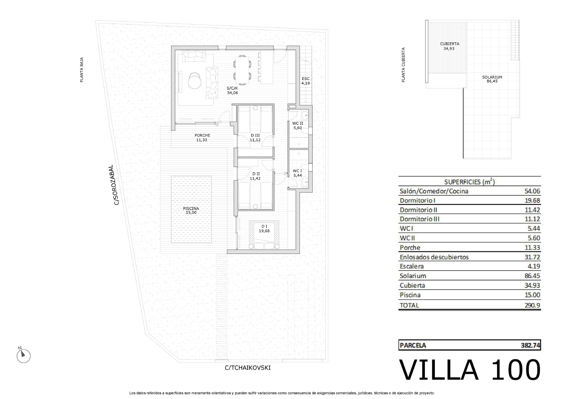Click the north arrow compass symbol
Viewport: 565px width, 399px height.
point(23,355)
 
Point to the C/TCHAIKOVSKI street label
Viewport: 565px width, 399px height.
point(248,368)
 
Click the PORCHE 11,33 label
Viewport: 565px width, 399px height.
point(202,138)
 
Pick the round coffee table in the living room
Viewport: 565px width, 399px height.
point(195,80)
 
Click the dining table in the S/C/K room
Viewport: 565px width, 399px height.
point(242,70)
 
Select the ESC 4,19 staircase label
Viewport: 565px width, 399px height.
point(305,81)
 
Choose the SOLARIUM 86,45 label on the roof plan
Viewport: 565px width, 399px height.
point(492,79)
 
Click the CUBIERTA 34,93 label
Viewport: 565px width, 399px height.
point(449,46)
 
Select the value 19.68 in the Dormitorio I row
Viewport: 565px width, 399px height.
point(532,200)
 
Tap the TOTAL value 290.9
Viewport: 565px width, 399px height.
point(532,305)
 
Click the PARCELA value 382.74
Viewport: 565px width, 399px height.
point(531,345)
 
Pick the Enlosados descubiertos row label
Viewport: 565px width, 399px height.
point(434,257)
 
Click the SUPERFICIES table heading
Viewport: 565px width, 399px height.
point(469,182)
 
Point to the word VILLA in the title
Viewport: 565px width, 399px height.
point(439,370)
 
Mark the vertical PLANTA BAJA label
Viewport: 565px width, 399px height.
point(81,70)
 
